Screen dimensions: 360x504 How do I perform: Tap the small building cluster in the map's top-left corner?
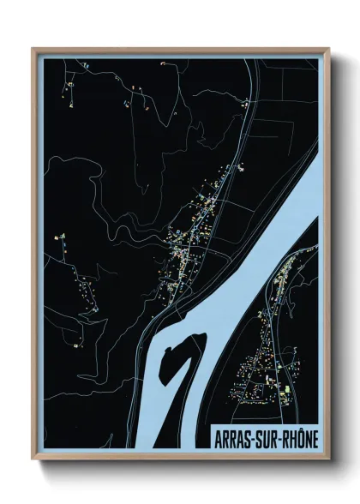click(x=70, y=81)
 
